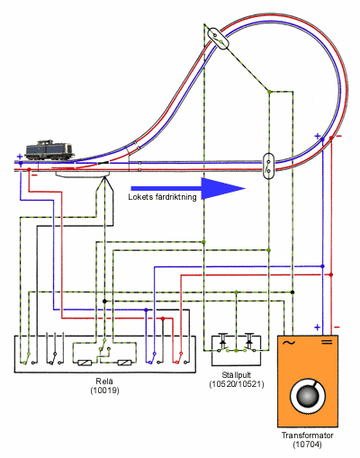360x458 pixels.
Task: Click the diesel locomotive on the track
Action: (49, 150)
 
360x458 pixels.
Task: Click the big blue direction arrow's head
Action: (223, 189)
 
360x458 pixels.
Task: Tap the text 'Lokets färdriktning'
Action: (162, 197)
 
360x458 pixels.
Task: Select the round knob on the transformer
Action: (308, 396)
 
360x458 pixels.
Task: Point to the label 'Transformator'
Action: (308, 436)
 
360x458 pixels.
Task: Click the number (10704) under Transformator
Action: (307, 445)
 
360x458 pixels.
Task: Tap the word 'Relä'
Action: (104, 382)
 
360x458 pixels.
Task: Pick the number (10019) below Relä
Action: (104, 391)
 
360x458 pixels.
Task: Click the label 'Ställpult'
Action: (237, 375)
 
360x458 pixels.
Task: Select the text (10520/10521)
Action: (237, 384)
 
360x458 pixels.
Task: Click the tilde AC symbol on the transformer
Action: (289, 343)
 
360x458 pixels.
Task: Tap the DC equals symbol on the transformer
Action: (327, 342)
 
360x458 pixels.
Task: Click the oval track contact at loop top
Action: (219, 38)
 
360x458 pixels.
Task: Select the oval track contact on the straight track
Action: (268, 166)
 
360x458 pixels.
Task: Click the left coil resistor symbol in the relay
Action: (85, 363)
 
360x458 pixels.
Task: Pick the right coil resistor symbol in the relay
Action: (124, 363)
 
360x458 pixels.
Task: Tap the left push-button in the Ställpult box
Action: (222, 342)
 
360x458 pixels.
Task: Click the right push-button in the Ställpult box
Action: (249, 342)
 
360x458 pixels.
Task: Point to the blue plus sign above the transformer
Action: (318, 327)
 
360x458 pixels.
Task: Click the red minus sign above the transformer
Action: (337, 327)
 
